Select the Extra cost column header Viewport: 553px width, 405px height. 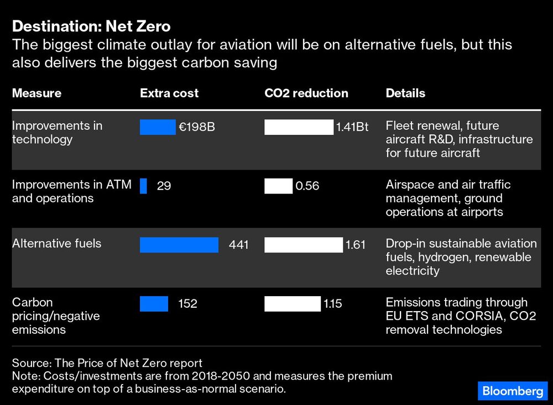169,93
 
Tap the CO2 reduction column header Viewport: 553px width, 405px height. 306,93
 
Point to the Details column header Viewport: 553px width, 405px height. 405,93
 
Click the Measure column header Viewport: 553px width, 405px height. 36,93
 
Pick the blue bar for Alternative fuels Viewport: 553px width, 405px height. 179,245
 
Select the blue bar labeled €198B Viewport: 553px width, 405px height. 158,128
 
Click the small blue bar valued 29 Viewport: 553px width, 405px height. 143,186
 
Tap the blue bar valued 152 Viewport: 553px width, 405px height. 154,304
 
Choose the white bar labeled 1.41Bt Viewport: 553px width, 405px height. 299,128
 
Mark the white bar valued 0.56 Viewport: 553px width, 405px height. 278,186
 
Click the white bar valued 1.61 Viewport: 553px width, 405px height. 303,245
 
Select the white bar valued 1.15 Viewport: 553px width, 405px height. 292,304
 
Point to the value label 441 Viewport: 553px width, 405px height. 238,245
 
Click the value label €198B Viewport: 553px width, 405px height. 196,128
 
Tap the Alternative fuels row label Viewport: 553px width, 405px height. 56,243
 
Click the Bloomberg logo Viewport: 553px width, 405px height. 513,391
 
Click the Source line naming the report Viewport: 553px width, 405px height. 107,363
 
